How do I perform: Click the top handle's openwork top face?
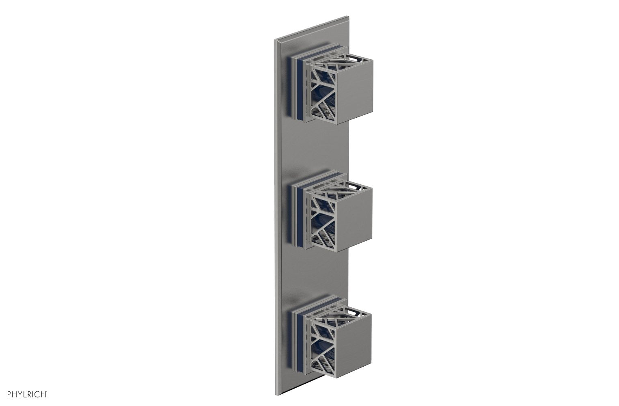click(x=345, y=60)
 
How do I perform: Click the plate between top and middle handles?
click(x=317, y=146)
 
